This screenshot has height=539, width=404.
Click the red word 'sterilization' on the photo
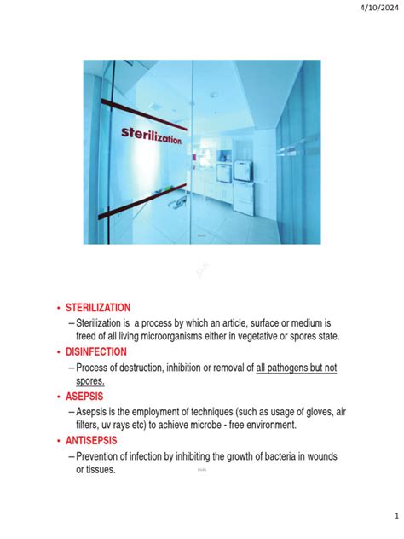click(x=150, y=136)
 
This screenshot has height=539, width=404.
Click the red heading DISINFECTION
click(x=96, y=351)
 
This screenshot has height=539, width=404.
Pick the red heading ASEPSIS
click(x=84, y=397)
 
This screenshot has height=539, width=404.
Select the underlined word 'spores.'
click(x=90, y=381)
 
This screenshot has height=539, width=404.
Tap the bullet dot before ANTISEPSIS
click(x=57, y=442)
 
